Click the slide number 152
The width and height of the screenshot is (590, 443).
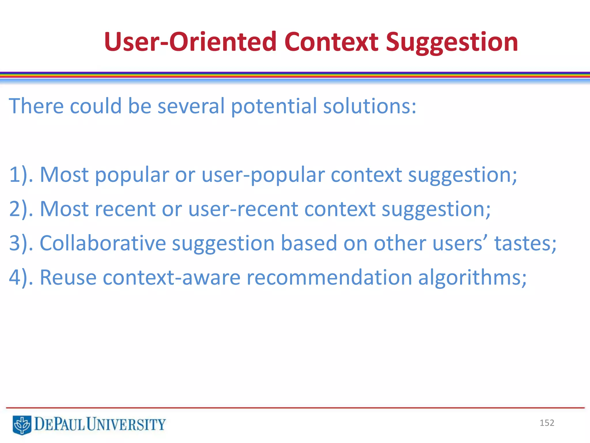coord(546,423)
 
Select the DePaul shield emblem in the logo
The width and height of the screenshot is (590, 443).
coord(22,425)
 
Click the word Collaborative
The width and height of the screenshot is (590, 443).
coord(103,243)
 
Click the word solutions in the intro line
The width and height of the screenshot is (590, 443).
coord(369,106)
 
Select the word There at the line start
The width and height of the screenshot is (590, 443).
coord(36,106)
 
